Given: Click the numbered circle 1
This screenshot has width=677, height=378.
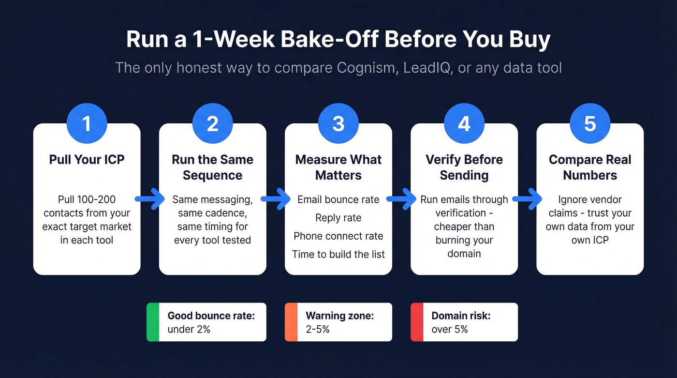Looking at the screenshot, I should coord(87,124).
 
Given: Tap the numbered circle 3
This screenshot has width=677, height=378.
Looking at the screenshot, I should coord(338,124).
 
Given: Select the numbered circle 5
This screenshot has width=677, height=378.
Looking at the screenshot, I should coord(590,124).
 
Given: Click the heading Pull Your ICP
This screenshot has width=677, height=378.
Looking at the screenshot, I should coord(87,160).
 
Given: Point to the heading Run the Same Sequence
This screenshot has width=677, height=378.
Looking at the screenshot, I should coord(212,167).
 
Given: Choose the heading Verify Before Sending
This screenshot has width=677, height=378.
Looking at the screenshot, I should coord(464,167).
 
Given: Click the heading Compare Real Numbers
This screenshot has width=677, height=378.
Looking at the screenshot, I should coord(590,167).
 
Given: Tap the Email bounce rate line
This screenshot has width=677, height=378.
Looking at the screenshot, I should coord(338,199).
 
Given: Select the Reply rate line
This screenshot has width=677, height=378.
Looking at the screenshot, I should coord(338,218).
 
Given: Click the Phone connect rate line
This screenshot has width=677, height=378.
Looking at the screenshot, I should coord(338,236).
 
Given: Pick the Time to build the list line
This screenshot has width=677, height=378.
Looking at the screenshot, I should coord(338,254).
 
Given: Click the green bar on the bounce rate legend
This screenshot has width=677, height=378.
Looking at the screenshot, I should coord(153,322).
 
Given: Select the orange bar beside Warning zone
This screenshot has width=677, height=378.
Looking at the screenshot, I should coord(291,322).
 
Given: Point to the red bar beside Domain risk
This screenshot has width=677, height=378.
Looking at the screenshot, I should coord(416,322).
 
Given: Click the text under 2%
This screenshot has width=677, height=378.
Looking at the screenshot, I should coord(189,330).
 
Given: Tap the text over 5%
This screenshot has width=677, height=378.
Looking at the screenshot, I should coord(449,330).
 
